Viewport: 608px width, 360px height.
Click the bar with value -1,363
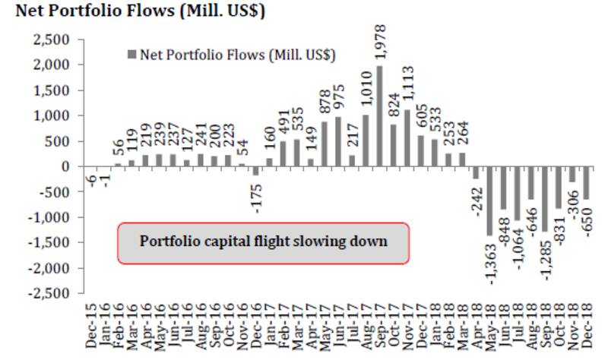click(489, 201)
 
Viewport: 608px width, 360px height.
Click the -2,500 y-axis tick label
click(52, 293)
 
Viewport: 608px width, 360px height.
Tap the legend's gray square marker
click(132, 55)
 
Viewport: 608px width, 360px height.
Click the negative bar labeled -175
click(256, 171)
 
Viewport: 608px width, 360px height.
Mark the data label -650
click(587, 220)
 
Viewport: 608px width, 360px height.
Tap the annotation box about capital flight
click(262, 242)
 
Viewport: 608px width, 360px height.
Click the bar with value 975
click(338, 141)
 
